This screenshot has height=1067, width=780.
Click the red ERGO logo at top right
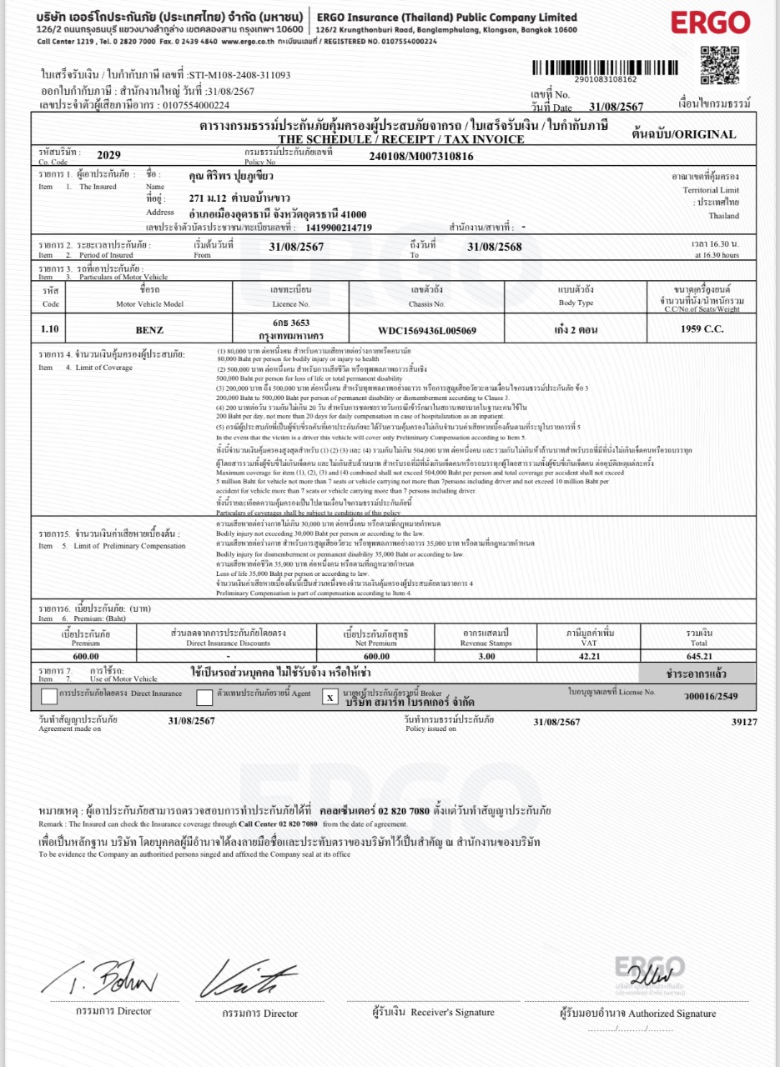(711, 23)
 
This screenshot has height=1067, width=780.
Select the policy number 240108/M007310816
(420, 156)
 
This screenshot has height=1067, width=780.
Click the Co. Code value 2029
(109, 155)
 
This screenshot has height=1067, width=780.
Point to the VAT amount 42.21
(606, 656)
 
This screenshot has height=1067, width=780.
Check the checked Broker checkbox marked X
(330, 696)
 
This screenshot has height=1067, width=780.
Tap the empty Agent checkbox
(204, 697)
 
